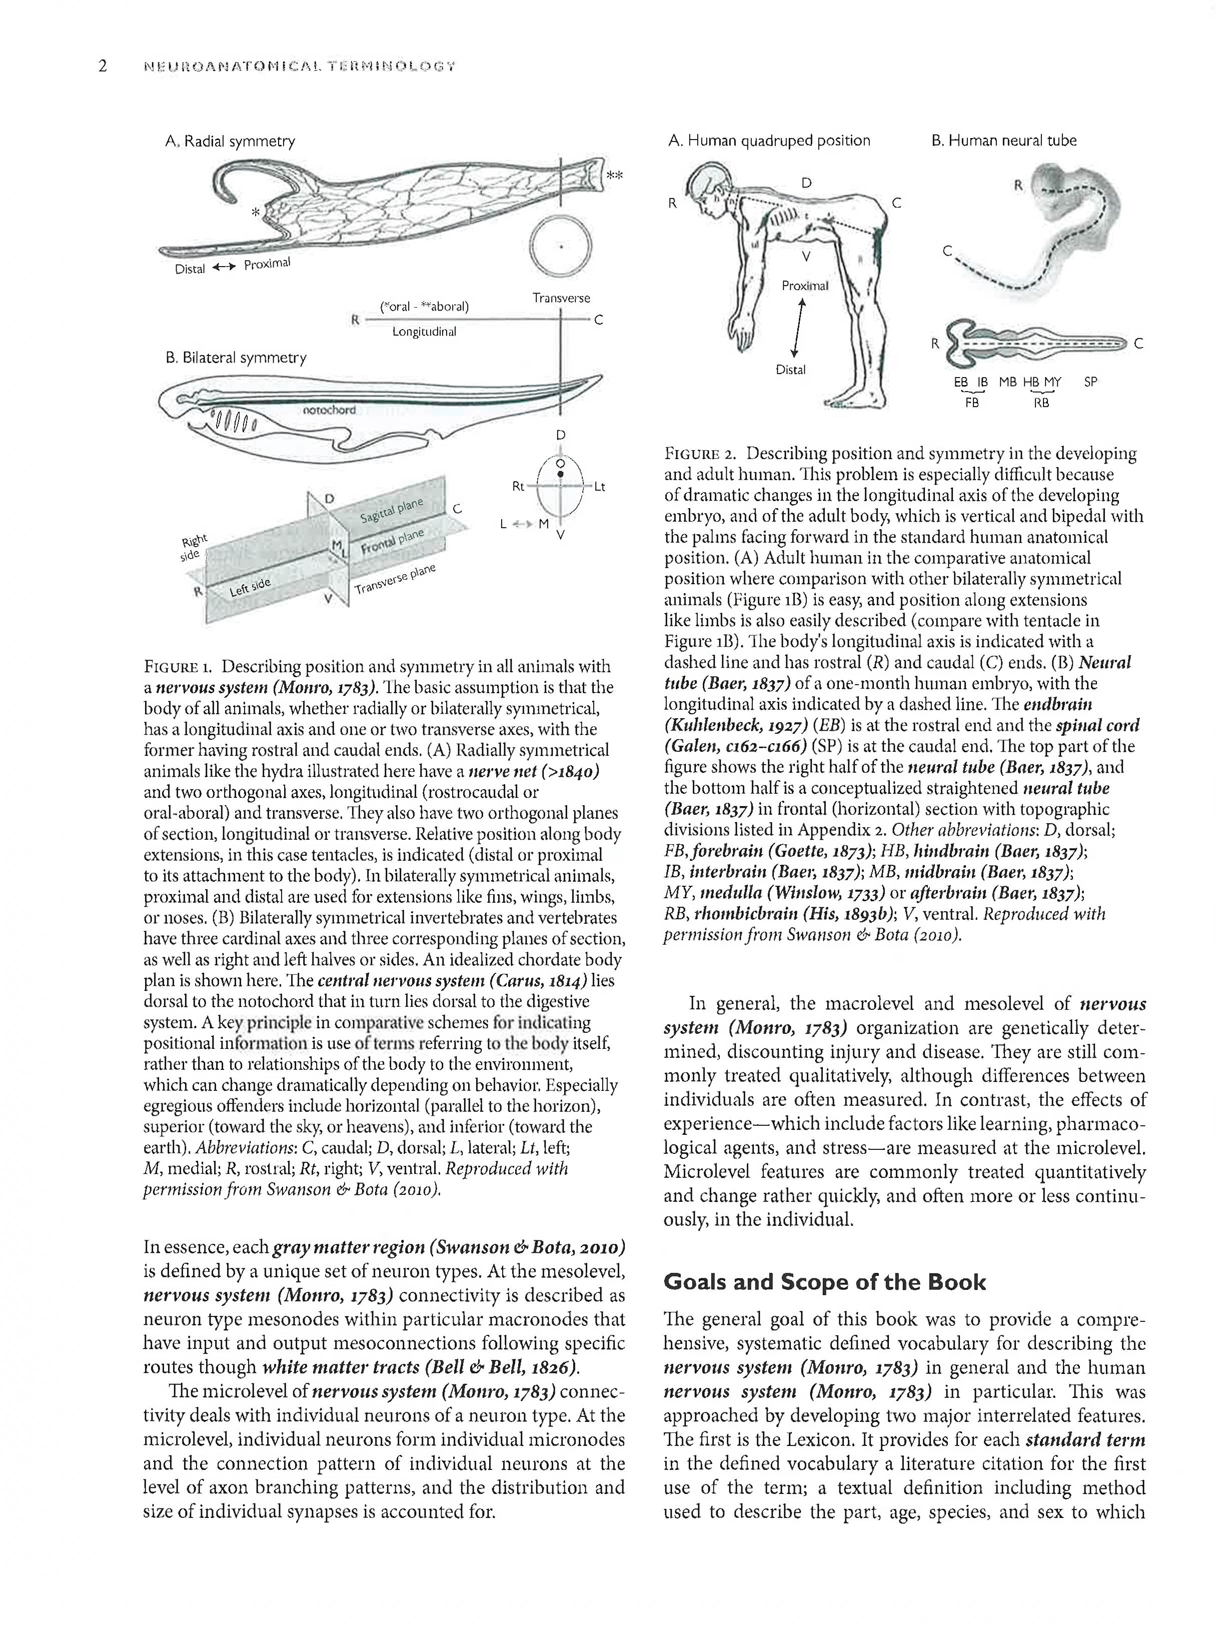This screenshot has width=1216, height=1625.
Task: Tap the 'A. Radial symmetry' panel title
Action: [230, 141]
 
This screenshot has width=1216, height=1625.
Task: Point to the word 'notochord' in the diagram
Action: [329, 410]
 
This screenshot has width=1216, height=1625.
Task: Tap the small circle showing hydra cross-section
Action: [561, 246]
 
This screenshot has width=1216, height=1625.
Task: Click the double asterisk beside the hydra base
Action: [615, 176]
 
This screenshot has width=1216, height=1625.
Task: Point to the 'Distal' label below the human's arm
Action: [791, 370]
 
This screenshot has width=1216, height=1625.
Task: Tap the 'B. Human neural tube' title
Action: [1003, 141]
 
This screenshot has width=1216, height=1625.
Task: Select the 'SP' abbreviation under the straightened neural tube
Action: [1090, 382]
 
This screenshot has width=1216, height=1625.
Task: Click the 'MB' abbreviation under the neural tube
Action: [1007, 382]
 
